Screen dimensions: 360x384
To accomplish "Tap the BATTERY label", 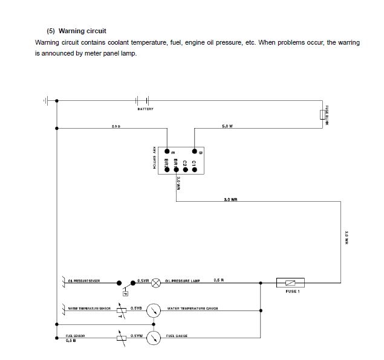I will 145,109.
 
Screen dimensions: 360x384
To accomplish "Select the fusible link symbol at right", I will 323,115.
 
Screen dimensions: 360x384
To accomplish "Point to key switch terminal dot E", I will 166,151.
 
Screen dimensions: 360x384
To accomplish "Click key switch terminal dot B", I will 194,151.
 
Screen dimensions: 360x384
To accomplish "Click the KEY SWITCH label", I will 155,158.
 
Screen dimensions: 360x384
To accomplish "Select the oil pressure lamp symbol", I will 155,281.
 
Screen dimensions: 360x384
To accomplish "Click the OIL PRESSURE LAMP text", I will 183,281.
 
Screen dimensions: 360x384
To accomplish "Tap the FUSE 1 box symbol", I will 290,281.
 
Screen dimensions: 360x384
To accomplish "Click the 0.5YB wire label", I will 136,308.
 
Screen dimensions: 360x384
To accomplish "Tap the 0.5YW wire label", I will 136,335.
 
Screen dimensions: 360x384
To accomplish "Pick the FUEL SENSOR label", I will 75,335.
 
